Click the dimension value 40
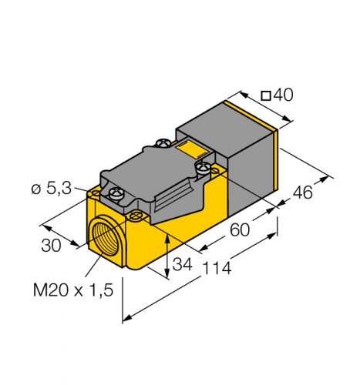[x=284, y=95]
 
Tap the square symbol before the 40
[x=266, y=96]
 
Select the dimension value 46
[x=303, y=192]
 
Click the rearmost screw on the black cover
[x=163, y=142]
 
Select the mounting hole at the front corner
[x=138, y=215]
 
